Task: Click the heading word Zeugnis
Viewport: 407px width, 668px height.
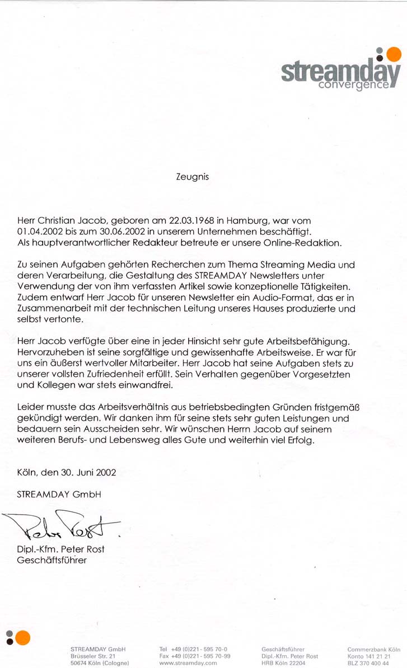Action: click(x=192, y=176)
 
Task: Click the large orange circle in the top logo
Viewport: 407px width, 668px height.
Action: click(x=394, y=54)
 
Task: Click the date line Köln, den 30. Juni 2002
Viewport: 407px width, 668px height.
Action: click(x=67, y=472)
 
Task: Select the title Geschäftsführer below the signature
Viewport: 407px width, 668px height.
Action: click(x=52, y=560)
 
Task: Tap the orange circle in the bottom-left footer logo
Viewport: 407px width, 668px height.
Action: click(x=23, y=637)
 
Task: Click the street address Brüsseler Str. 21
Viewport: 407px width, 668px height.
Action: click(x=93, y=656)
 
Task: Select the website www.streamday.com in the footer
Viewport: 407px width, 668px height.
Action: click(x=188, y=662)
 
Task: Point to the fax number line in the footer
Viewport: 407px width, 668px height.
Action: click(x=195, y=656)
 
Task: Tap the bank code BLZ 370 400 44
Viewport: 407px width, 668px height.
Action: click(x=368, y=662)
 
